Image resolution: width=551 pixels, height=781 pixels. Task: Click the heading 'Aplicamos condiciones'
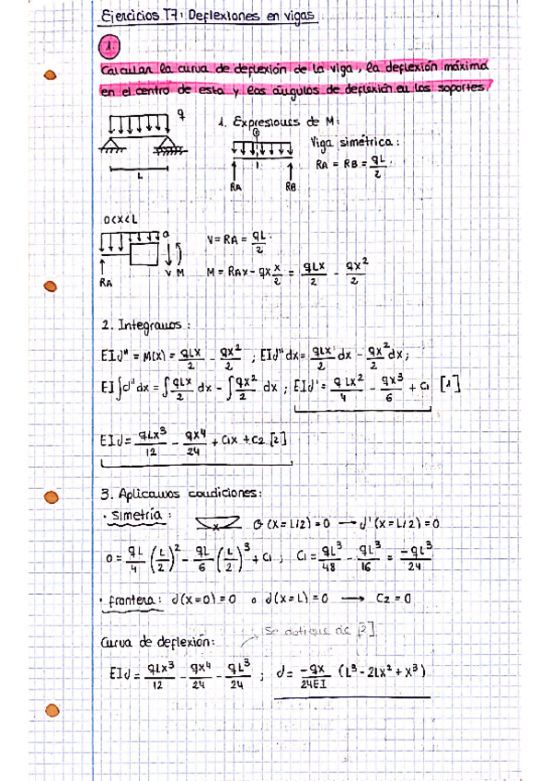190,493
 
